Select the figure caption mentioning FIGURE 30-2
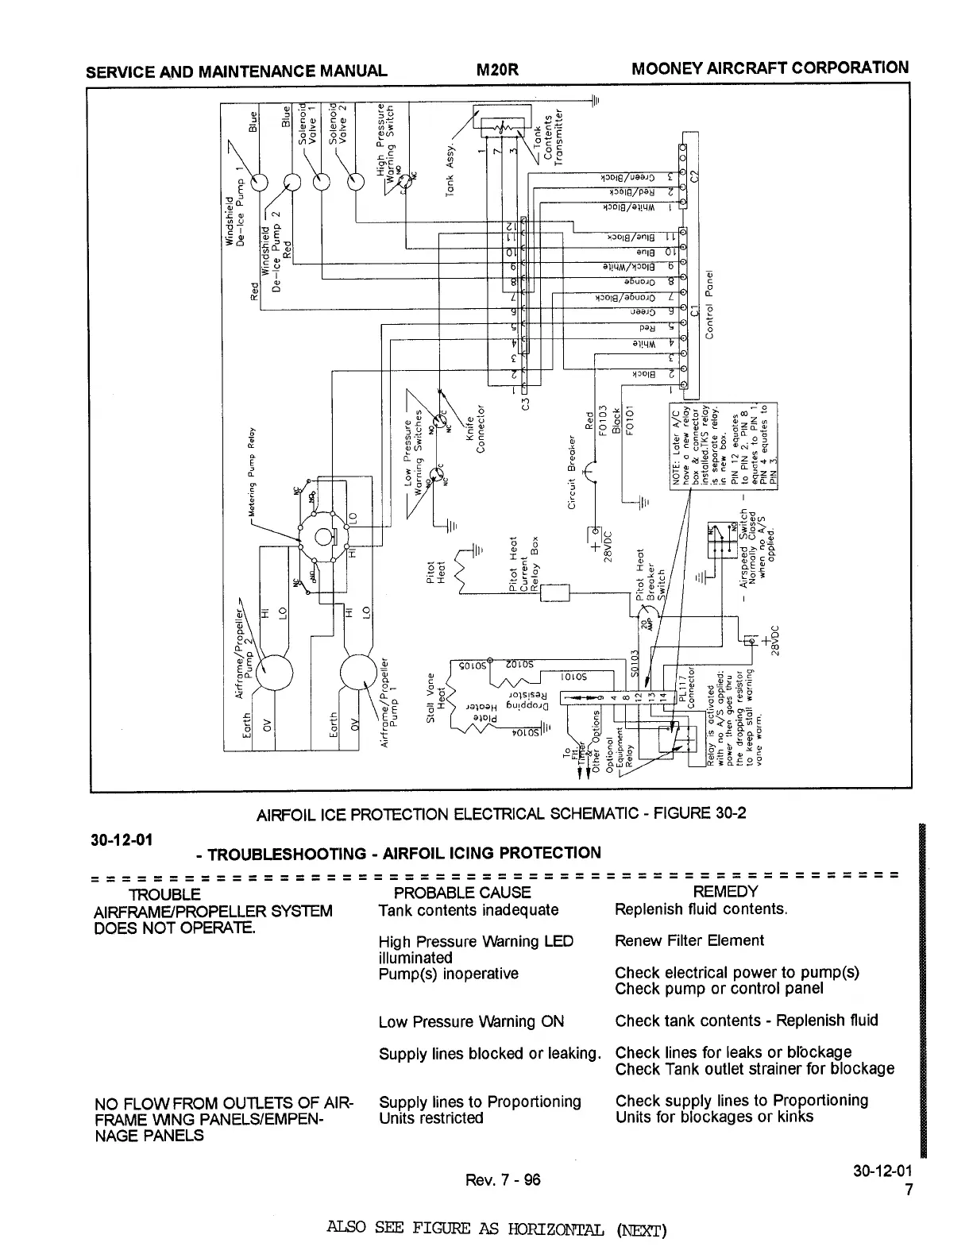pyautogui.click(x=501, y=815)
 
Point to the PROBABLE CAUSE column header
pyautogui.click(x=456, y=893)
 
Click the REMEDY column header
pyautogui.click(x=725, y=892)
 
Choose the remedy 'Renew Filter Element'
pyautogui.click(x=689, y=941)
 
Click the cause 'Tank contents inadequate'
pyautogui.click(x=469, y=910)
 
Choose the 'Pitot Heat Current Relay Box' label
pyautogui.click(x=523, y=565)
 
